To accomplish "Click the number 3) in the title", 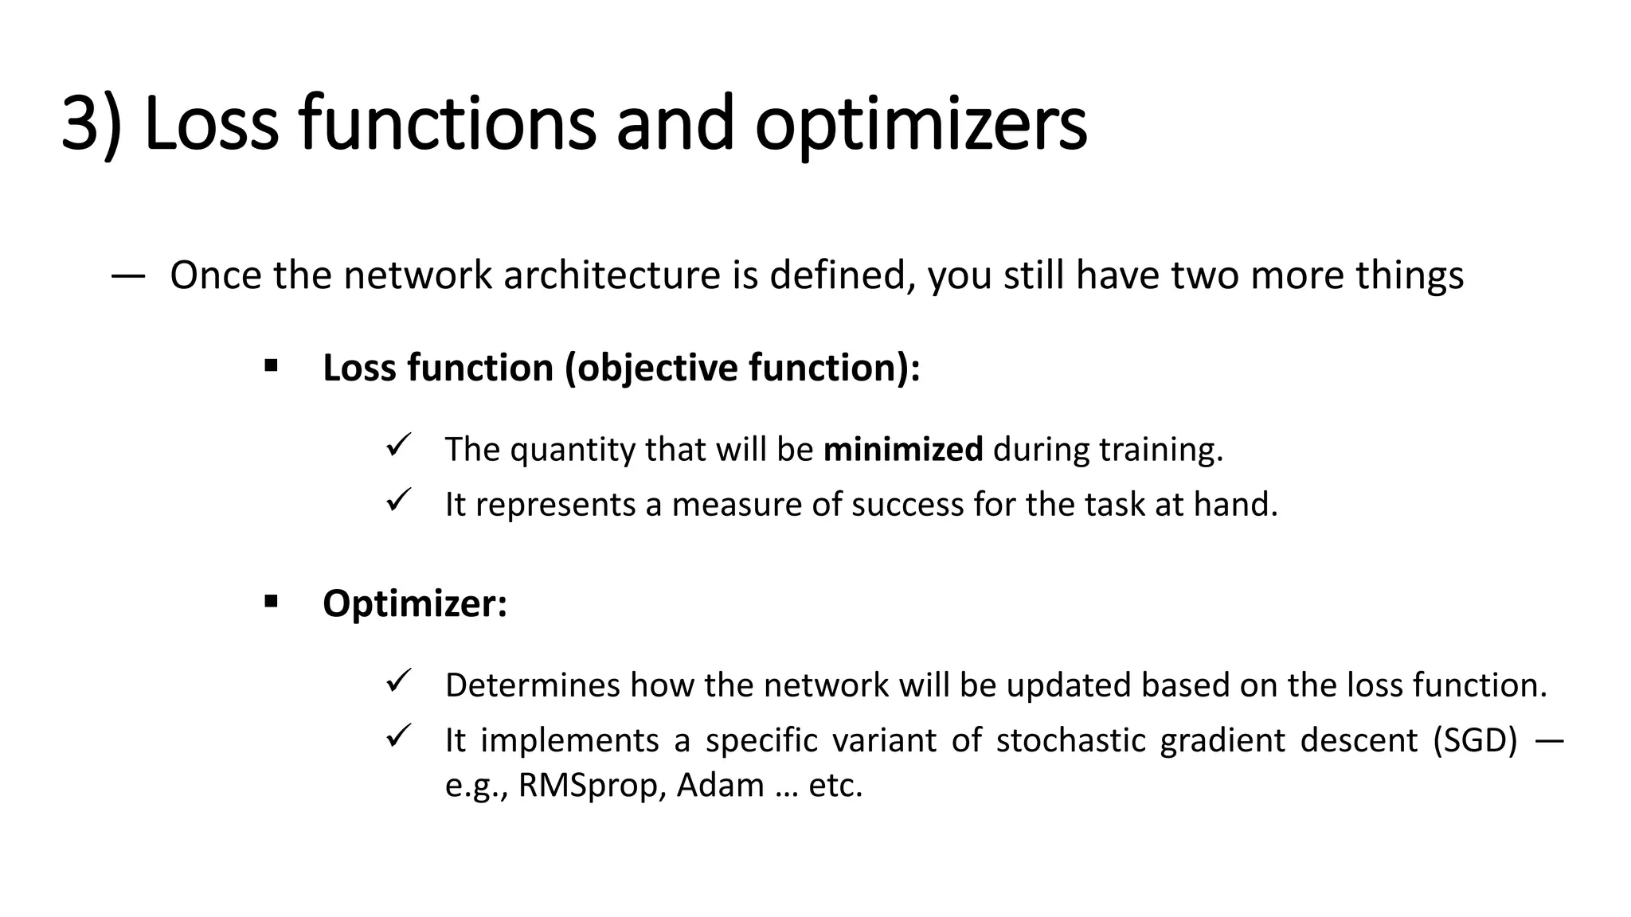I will click(x=91, y=124).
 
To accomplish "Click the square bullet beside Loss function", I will click(x=271, y=366).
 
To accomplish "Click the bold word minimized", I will click(x=902, y=450).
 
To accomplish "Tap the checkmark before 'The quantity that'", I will click(x=397, y=445).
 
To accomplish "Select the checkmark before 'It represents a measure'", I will click(x=397, y=501).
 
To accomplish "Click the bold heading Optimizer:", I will click(x=414, y=603).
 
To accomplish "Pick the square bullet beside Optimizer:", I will click(x=271, y=601).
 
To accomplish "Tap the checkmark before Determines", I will click(x=397, y=681).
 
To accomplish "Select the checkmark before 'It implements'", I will click(x=397, y=736).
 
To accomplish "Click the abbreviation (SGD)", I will click(x=1475, y=740).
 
